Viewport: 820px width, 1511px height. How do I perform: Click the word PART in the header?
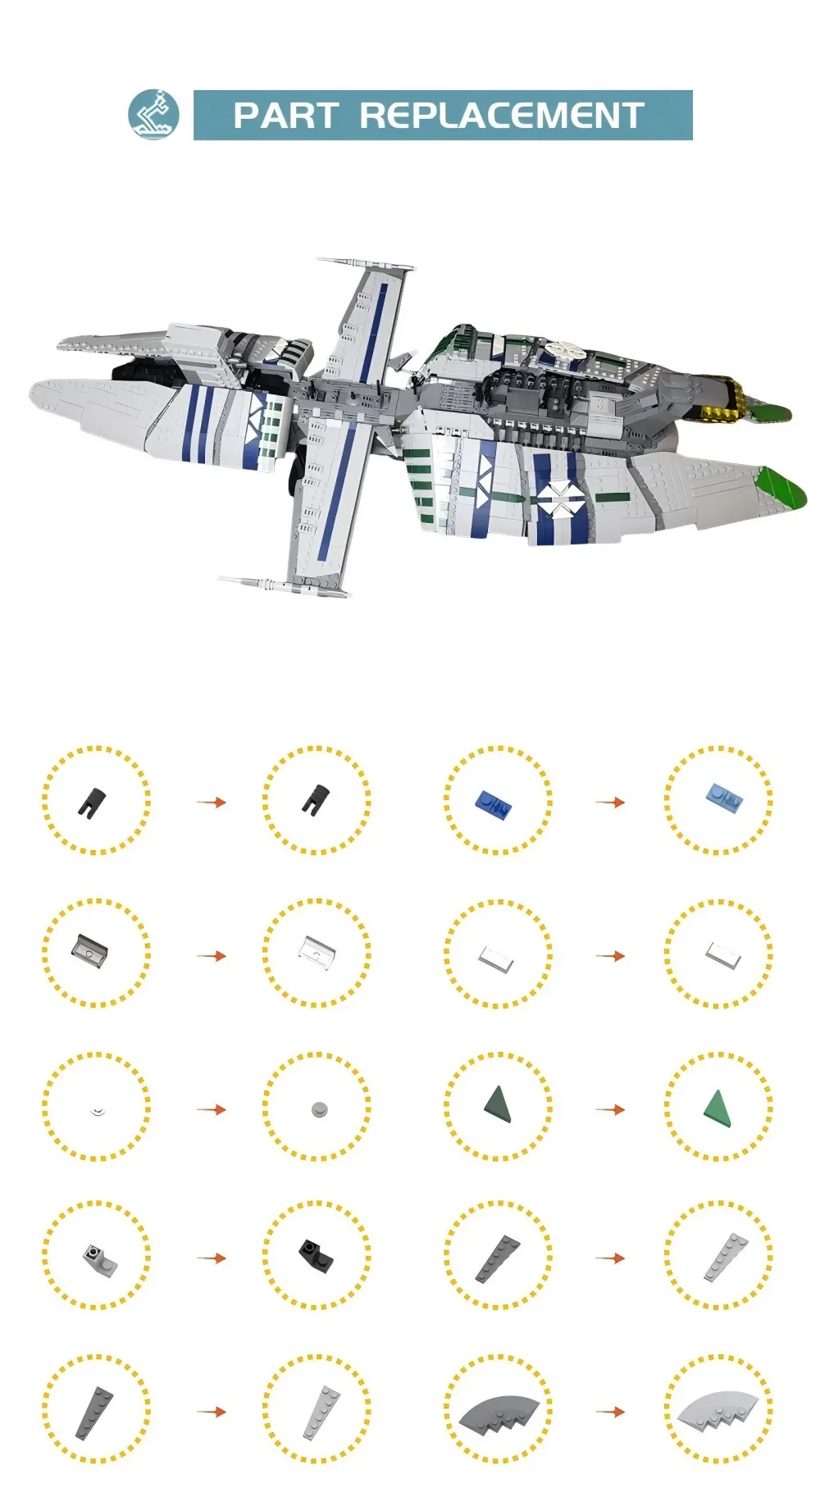(x=285, y=116)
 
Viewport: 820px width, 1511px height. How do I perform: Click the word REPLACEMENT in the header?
(x=502, y=116)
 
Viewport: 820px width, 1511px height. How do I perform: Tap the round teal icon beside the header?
(x=153, y=115)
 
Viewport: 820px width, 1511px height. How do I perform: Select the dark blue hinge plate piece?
(x=494, y=804)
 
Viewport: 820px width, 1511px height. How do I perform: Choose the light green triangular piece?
(x=717, y=1106)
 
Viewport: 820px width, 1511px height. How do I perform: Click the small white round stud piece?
(x=97, y=1111)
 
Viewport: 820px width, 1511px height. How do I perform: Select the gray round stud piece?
(x=318, y=1109)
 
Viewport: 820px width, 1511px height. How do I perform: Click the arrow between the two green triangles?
(x=610, y=1109)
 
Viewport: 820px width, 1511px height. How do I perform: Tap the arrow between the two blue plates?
(x=610, y=802)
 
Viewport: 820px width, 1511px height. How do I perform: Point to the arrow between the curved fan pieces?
(x=610, y=1412)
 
